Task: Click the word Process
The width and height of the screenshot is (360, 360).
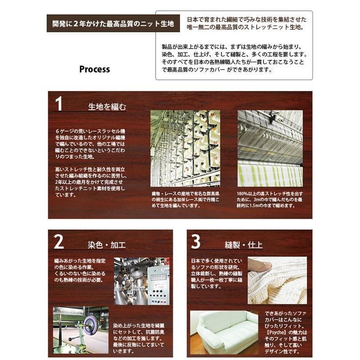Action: (95, 69)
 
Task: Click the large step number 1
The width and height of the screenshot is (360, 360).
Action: (59, 104)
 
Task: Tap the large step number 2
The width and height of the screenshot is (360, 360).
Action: (59, 241)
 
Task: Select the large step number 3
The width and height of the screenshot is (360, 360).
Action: (196, 241)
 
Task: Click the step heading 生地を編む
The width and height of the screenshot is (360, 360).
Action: (107, 107)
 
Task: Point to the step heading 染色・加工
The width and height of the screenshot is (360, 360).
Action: (107, 245)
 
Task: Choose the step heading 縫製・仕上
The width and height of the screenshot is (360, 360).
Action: (244, 245)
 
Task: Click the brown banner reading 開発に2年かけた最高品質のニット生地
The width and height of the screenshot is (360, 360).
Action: (113, 24)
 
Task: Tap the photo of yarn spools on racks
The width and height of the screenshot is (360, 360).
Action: (185, 148)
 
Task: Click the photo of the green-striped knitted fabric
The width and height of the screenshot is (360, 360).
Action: (270, 148)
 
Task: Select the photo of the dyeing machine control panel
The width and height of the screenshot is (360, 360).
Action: (142, 281)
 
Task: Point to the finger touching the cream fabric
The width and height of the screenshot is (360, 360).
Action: (260, 265)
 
